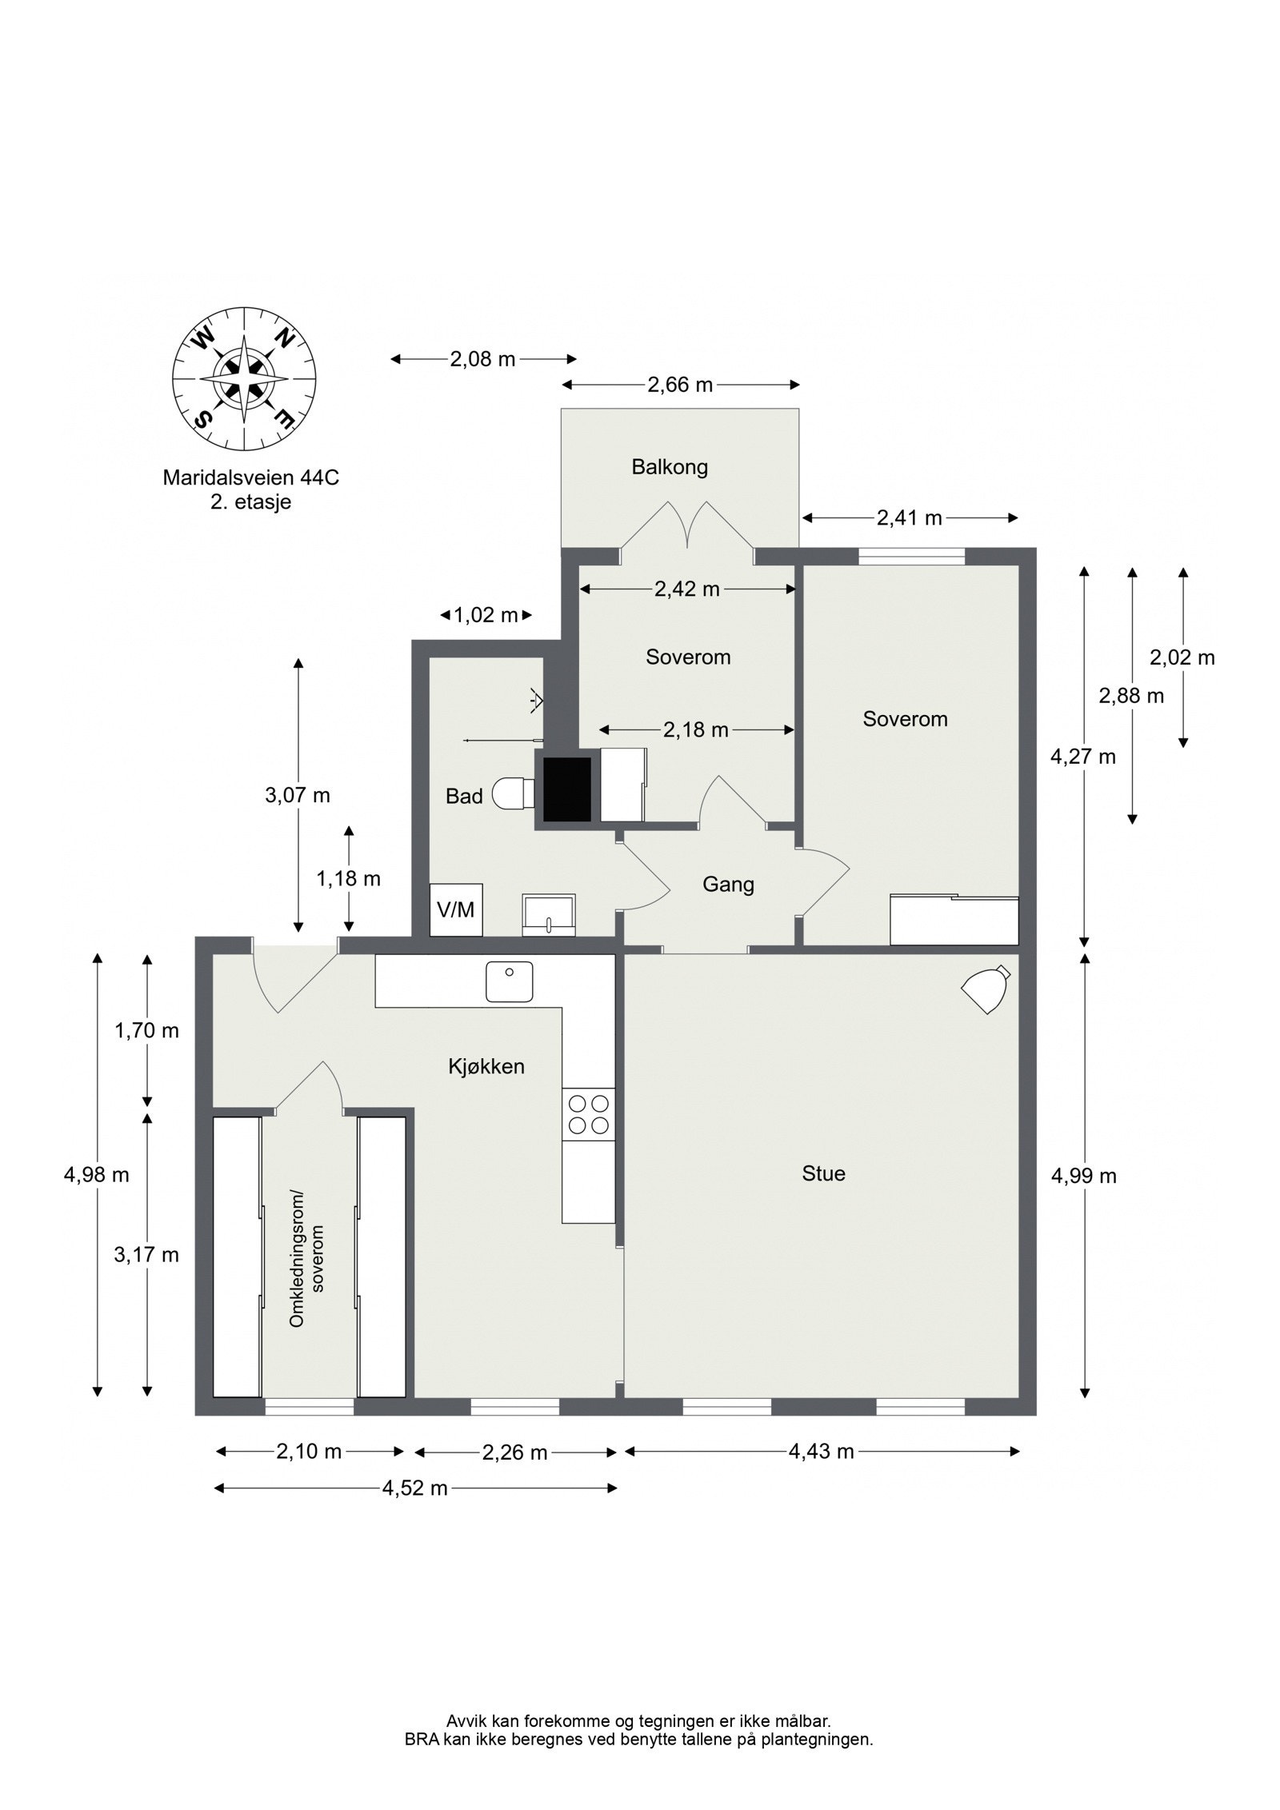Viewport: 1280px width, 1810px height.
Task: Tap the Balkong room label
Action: pos(670,467)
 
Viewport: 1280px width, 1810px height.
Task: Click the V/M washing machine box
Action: pos(456,910)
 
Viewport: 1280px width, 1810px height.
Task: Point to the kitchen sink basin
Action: pos(509,981)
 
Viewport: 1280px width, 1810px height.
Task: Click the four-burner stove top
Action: pos(588,1115)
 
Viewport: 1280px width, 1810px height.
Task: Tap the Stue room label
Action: pos(823,1174)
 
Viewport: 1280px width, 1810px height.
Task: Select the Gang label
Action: pos(728,885)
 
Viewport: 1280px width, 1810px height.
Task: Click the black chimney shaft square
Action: pos(567,789)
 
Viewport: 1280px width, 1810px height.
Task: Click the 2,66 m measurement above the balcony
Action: pos(680,386)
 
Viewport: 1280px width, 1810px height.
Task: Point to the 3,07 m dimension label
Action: pos(298,796)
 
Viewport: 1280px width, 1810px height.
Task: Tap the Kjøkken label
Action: pos(486,1066)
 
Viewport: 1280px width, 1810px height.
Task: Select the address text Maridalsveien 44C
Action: pos(251,478)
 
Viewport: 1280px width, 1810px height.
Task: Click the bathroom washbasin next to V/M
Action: pos(549,915)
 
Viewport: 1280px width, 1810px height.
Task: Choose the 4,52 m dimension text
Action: pos(414,1488)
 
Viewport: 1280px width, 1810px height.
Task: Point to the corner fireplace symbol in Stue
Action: pos(986,990)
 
